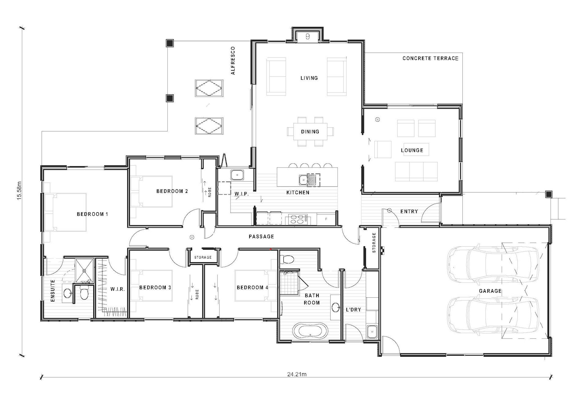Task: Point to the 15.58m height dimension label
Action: click(x=20, y=191)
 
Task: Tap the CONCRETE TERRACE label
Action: click(x=430, y=58)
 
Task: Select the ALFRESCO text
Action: click(x=233, y=61)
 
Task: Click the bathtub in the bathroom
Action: click(x=310, y=331)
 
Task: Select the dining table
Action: click(x=310, y=132)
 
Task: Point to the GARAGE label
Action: click(x=490, y=291)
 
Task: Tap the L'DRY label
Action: click(x=353, y=310)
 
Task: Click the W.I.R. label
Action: click(x=117, y=289)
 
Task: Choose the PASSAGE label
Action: click(x=261, y=237)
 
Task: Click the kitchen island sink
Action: click(x=303, y=180)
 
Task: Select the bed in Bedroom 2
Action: click(x=151, y=192)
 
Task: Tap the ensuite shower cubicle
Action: click(x=84, y=270)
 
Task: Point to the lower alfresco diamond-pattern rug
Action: click(x=209, y=126)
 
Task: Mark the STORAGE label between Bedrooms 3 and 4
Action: click(x=203, y=257)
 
